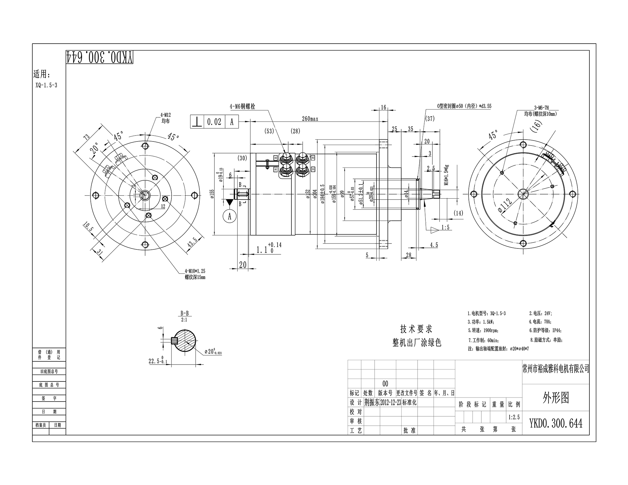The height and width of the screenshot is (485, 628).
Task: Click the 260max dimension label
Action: (310, 119)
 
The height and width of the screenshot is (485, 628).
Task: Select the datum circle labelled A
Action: (230, 216)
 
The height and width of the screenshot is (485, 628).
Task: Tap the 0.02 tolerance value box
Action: (214, 122)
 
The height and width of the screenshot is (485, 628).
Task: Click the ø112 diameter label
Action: (505, 205)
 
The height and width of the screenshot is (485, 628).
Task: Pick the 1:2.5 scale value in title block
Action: (514, 417)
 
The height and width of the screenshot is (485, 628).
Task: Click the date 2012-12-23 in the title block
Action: (391, 403)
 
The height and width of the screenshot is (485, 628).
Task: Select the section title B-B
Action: (184, 313)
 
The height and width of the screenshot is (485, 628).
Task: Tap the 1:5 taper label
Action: (445, 227)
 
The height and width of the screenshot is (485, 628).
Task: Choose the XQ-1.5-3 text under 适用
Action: (46, 85)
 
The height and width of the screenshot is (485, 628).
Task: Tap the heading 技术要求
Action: (416, 329)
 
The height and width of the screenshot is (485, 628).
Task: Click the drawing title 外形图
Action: (555, 398)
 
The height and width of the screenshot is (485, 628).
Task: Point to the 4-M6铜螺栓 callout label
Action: (242, 107)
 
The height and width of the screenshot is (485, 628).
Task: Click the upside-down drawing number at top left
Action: (100, 57)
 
